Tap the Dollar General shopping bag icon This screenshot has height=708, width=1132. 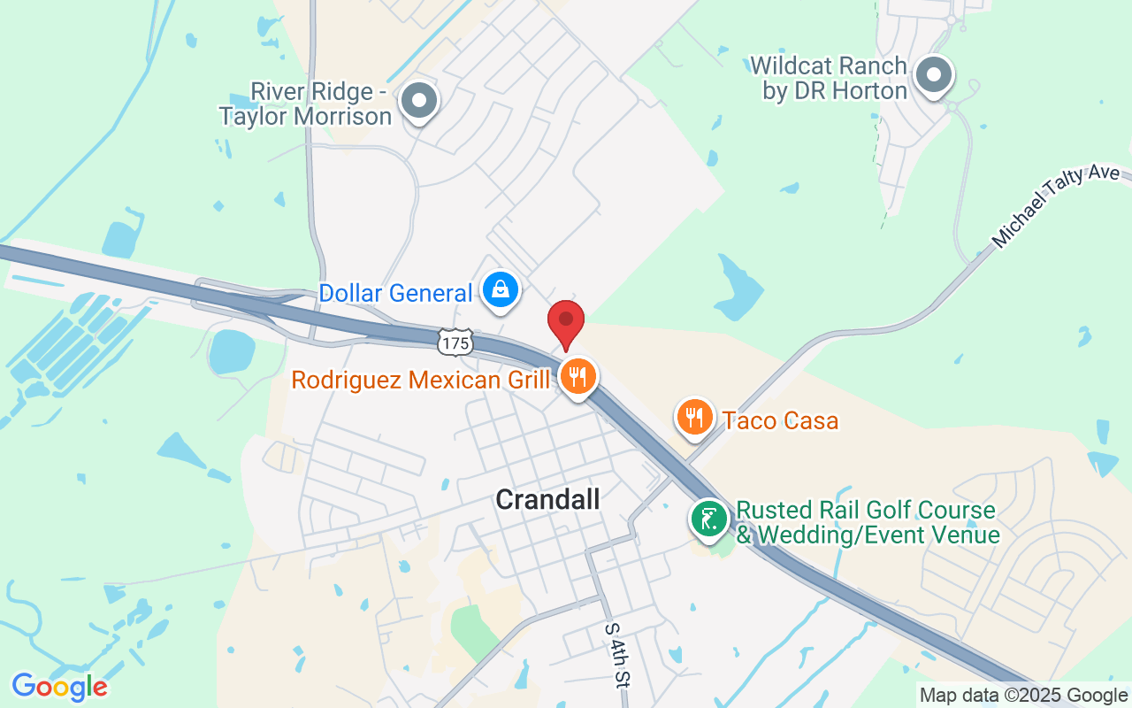tap(501, 290)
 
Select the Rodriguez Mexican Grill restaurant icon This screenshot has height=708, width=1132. tap(578, 378)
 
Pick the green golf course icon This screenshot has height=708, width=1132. tap(708, 519)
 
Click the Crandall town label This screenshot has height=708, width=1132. tap(547, 499)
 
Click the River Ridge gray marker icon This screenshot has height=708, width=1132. tap(420, 101)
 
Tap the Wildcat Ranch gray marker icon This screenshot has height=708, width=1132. tap(933, 76)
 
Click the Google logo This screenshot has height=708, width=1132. tap(59, 687)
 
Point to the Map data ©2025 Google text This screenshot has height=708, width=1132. tap(1023, 696)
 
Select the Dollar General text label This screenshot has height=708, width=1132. tap(395, 293)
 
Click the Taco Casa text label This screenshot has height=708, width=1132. tap(780, 420)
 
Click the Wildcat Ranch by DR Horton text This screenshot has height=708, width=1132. tap(829, 79)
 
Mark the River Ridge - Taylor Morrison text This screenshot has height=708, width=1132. tap(306, 104)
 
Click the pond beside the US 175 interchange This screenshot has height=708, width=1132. tap(232, 351)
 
